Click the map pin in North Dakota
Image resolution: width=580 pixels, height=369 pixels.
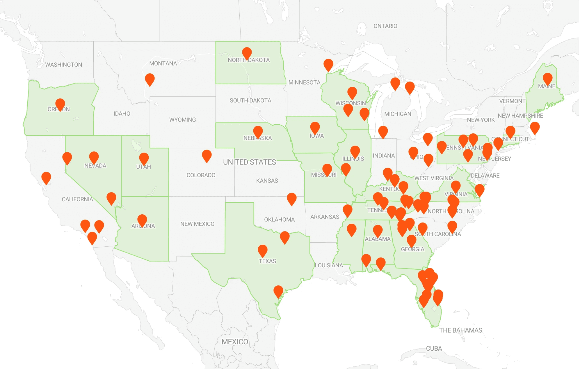pyautogui.click(x=247, y=53)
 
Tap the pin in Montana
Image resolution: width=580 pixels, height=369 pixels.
pyautogui.click(x=150, y=79)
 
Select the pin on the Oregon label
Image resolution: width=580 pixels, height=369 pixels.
pyautogui.click(x=60, y=104)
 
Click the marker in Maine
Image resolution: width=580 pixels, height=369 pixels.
pyautogui.click(x=547, y=78)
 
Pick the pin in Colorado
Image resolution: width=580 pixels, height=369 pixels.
pyautogui.click(x=207, y=155)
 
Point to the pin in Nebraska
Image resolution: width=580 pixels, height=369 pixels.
pyautogui.click(x=258, y=132)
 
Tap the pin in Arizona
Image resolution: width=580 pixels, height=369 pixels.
pyautogui.click(x=142, y=220)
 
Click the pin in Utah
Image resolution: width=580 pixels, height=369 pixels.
pyautogui.click(x=144, y=158)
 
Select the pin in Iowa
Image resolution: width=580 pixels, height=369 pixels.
pyautogui.click(x=315, y=128)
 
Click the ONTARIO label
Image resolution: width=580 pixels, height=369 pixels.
pyautogui.click(x=385, y=26)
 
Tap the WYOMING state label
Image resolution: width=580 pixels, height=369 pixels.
pyautogui.click(x=182, y=120)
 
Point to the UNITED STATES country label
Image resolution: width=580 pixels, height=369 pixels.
pyautogui.click(x=249, y=162)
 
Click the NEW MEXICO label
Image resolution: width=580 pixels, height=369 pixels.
pyautogui.click(x=197, y=224)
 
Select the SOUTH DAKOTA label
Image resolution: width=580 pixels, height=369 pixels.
pyautogui.click(x=250, y=100)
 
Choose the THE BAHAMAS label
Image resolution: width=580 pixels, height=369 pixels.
pyautogui.click(x=460, y=330)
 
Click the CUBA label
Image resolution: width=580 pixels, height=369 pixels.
pyautogui.click(x=434, y=349)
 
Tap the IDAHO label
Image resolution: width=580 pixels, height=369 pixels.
pyautogui.click(x=122, y=114)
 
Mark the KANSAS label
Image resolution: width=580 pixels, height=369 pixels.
pyautogui.click(x=267, y=181)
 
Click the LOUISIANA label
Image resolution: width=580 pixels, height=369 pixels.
pyautogui.click(x=329, y=265)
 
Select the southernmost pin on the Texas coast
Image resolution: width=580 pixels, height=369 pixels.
pyautogui.click(x=278, y=291)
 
